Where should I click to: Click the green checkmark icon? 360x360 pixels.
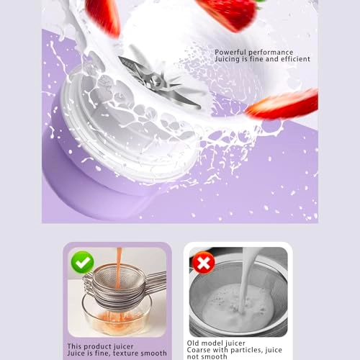(x=82, y=261)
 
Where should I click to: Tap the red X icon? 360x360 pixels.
(x=204, y=263)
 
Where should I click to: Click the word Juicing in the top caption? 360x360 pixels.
(x=230, y=59)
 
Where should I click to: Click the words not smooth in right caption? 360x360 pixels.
(x=208, y=357)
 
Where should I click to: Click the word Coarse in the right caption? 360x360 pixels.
(x=201, y=351)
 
